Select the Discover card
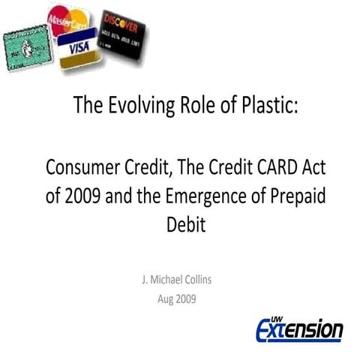tap(123, 33)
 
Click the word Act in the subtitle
tap(301, 166)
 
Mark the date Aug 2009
tap(179, 297)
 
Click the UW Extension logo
tap(298, 328)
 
